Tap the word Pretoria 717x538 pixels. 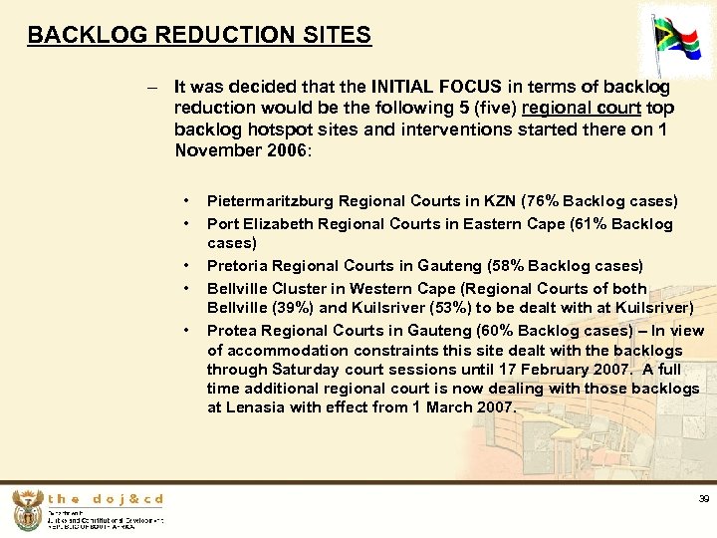pos(236,266)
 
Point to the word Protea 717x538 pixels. pos(231,330)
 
